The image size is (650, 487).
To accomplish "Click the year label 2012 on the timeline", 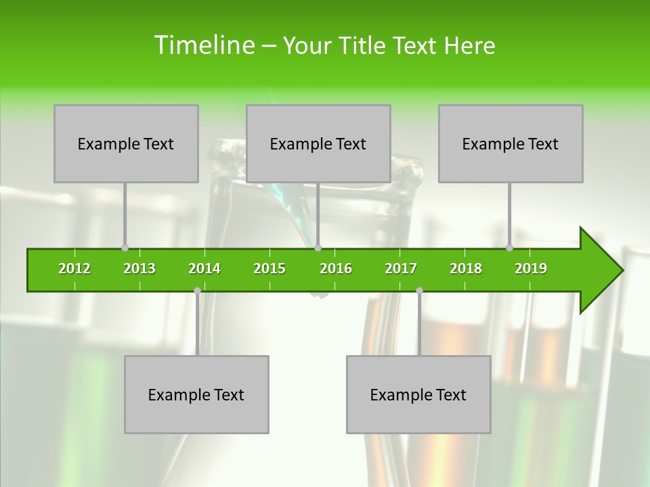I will click(x=74, y=269).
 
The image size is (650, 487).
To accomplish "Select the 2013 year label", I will click(x=139, y=269).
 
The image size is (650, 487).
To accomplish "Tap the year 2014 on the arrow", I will click(x=204, y=269).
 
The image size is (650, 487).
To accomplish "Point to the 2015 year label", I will click(x=269, y=269).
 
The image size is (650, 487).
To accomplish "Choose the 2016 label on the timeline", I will click(x=336, y=269).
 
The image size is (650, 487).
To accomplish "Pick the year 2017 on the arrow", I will click(x=401, y=269).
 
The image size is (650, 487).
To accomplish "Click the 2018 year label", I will click(x=466, y=269).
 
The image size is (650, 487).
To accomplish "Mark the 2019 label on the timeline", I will click(x=531, y=269).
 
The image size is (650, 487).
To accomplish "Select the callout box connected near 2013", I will click(x=126, y=143).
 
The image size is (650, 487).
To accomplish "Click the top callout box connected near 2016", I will click(x=318, y=143).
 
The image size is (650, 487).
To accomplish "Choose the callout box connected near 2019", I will click(x=511, y=143).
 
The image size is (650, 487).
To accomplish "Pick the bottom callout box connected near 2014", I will click(x=196, y=394).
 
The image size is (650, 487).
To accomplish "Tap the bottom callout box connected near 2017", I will click(x=418, y=394).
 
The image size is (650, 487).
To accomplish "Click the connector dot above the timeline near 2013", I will click(x=125, y=248).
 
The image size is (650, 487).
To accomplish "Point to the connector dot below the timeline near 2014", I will click(x=197, y=290).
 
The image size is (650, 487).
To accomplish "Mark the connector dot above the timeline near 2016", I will click(x=318, y=248).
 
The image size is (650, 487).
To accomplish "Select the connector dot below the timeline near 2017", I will click(x=419, y=290).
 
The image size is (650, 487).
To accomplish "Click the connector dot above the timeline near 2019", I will click(x=510, y=248).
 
